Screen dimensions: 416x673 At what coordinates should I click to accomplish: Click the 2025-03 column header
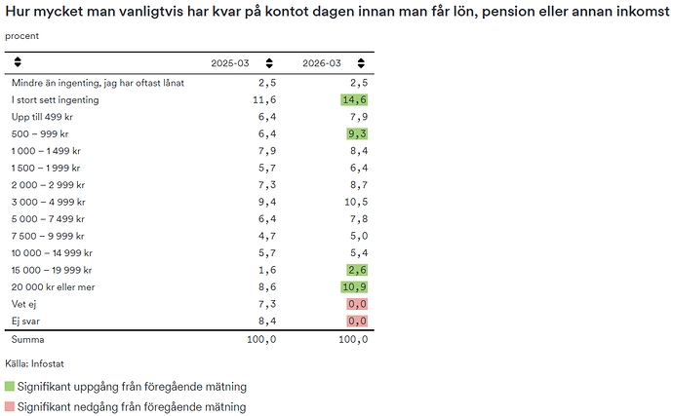pos(230,62)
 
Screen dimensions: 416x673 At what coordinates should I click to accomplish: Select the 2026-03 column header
pos(322,62)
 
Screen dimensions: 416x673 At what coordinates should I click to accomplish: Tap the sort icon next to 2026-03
pos(361,62)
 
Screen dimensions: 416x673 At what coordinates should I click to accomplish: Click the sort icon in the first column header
pos(17,62)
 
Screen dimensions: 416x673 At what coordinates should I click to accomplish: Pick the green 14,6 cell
pos(354,99)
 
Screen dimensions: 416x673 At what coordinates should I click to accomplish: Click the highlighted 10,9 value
pos(354,287)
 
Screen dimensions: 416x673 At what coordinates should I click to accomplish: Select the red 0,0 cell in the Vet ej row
pos(357,305)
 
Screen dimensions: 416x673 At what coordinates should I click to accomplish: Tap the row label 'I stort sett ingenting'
pos(55,99)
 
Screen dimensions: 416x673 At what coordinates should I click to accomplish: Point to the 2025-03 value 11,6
pos(263,99)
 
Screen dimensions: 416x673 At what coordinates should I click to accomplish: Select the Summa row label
pos(28,340)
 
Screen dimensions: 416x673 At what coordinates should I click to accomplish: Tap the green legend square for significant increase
pos(10,387)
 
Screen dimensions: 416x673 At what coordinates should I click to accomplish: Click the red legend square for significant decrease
pos(10,406)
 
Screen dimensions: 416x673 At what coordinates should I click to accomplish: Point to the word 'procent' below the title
pos(22,35)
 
